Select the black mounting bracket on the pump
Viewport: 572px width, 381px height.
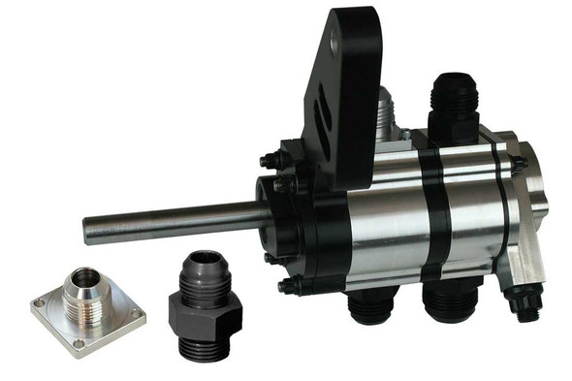pyautogui.click(x=343, y=107)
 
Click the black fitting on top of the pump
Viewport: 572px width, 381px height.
pyautogui.click(x=454, y=102)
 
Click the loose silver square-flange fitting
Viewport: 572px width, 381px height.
pyautogui.click(x=87, y=305)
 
